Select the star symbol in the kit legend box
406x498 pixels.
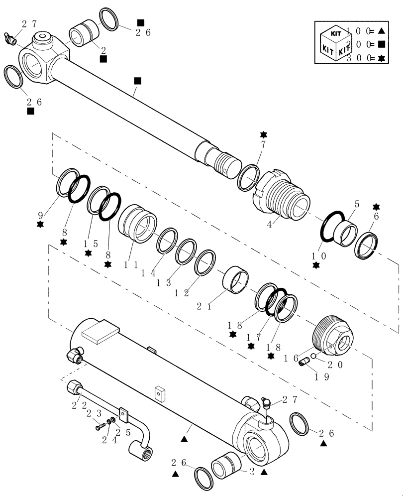click(x=382, y=58)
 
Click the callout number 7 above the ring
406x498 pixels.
click(x=264, y=145)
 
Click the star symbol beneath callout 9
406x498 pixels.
click(x=40, y=224)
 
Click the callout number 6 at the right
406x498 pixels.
click(x=376, y=217)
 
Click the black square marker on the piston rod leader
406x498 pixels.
click(x=138, y=80)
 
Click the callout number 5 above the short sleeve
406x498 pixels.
click(x=356, y=204)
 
